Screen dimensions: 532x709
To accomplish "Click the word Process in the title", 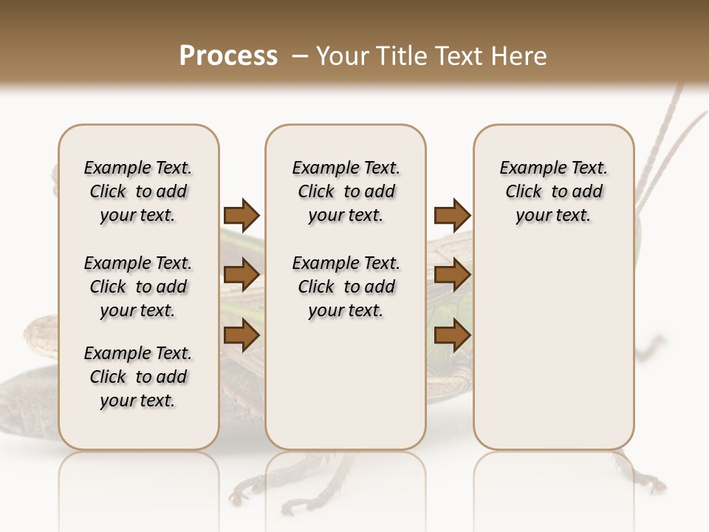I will [228, 56].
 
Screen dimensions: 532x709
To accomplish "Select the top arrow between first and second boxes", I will [242, 215].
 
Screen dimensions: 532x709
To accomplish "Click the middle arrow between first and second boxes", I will [242, 275].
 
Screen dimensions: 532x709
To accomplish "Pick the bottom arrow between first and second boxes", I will [242, 335].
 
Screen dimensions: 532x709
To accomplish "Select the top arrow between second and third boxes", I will [452, 215].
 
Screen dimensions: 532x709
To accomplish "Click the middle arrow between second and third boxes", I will [452, 275].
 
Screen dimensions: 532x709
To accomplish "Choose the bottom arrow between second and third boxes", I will [452, 335].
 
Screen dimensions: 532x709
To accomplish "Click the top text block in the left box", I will [138, 191].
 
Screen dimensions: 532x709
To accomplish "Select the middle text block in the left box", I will [138, 287].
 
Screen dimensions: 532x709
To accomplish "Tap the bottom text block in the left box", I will [138, 377].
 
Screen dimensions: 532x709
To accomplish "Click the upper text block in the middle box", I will [346, 191].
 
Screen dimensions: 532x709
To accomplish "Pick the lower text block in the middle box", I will [346, 287].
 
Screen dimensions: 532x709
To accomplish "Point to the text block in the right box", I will [553, 191].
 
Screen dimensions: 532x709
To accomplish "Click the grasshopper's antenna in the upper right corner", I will [664, 126].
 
